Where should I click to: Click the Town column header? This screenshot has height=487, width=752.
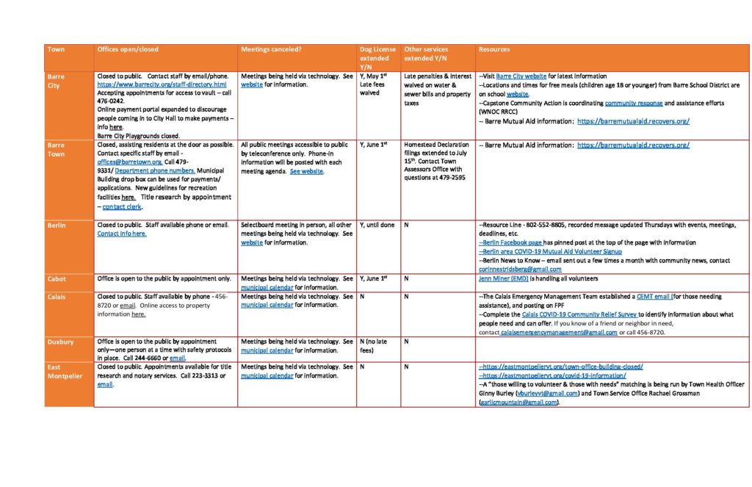(x=56, y=50)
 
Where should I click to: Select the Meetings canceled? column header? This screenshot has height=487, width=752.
(x=271, y=50)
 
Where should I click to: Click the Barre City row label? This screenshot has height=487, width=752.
(x=56, y=81)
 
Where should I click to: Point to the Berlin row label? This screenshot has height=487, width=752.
(x=57, y=225)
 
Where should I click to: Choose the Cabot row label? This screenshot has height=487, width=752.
(x=57, y=279)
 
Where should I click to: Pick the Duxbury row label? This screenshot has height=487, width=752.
(x=59, y=342)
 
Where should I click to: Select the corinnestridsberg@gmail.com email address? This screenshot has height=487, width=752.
(x=519, y=270)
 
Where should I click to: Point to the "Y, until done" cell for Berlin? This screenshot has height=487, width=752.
(x=377, y=225)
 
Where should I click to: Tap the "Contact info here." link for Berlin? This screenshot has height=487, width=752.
(x=122, y=234)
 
